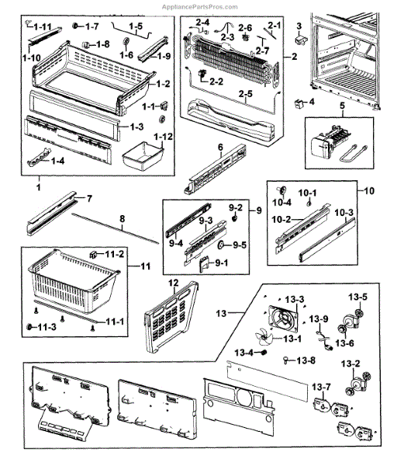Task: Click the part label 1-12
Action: click(x=163, y=137)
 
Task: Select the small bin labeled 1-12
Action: click(x=143, y=156)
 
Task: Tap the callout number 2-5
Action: click(x=246, y=94)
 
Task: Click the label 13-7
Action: click(x=321, y=387)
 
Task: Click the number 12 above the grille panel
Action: click(x=174, y=283)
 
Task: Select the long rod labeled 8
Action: click(x=116, y=228)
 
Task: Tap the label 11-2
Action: click(x=114, y=255)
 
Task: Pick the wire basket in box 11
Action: click(x=74, y=280)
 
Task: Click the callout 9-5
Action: click(x=240, y=245)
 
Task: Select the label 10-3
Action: click(x=344, y=213)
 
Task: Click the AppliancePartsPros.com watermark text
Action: click(x=199, y=7)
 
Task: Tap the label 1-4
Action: click(x=58, y=161)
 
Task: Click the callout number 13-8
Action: click(x=306, y=360)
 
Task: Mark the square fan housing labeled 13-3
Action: click(x=283, y=318)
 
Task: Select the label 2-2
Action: click(x=216, y=82)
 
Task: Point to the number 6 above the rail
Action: click(x=220, y=147)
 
